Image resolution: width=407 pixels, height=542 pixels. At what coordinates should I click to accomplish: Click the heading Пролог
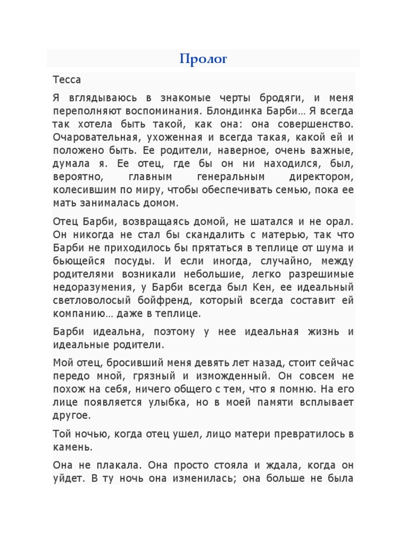[x=203, y=59]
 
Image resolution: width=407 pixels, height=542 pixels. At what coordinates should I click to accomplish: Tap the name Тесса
[x=67, y=80]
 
